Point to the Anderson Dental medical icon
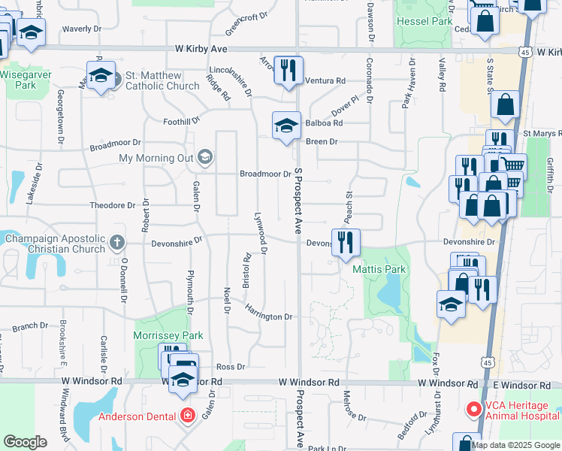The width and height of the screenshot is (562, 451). pos(187,415)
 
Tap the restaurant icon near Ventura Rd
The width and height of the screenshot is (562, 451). pos(288,71)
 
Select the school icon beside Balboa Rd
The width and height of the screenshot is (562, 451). pos(286,126)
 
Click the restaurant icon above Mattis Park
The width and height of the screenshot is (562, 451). pos(346,241)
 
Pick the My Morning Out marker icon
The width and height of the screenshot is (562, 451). pos(204,158)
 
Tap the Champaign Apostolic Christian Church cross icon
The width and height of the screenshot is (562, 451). pos(116,242)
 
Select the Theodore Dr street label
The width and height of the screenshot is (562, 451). pos(112,204)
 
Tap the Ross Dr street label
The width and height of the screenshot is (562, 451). pos(231,366)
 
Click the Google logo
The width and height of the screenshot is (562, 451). pos(26,442)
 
